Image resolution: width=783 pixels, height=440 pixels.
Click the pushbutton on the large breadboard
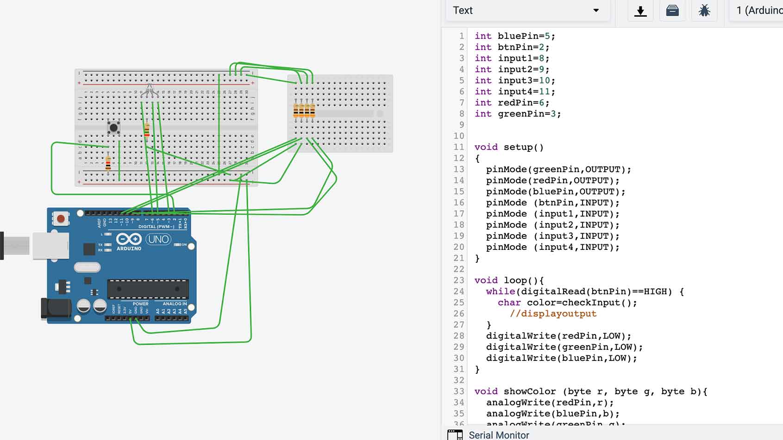pyautogui.click(x=113, y=128)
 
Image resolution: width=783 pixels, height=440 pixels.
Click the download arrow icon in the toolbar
pyautogui.click(x=640, y=11)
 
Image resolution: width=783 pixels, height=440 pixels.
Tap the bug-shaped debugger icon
pyautogui.click(x=704, y=11)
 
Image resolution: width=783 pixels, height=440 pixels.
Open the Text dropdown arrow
pyautogui.click(x=596, y=11)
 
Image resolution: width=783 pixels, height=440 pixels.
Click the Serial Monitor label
pyautogui.click(x=498, y=435)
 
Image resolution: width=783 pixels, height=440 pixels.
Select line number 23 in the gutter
pyautogui.click(x=458, y=280)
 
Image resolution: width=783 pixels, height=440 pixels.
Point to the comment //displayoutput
pyautogui.click(x=553, y=314)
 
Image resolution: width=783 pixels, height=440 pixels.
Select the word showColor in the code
pyautogui.click(x=529, y=391)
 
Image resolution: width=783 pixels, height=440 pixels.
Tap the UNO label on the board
pyautogui.click(x=158, y=239)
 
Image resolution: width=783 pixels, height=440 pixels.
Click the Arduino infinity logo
pyautogui.click(x=129, y=239)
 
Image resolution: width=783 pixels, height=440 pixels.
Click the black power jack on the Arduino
pyautogui.click(x=56, y=309)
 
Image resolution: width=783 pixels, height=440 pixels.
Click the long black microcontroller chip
pyautogui.click(x=148, y=289)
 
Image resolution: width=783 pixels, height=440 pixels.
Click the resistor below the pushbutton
pyautogui.click(x=108, y=163)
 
